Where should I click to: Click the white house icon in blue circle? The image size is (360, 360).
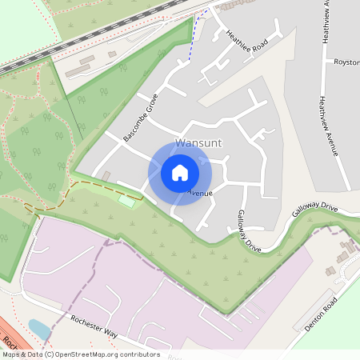coord(180,172)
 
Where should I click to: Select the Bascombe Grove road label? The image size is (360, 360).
coord(142,118)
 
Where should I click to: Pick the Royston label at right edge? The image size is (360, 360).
coord(346,62)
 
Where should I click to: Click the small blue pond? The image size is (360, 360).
coord(38,328)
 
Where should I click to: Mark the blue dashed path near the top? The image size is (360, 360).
coord(193,44)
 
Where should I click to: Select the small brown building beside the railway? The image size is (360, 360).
coord(112,54)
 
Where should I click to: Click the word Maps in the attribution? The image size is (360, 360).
coord(12,354)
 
